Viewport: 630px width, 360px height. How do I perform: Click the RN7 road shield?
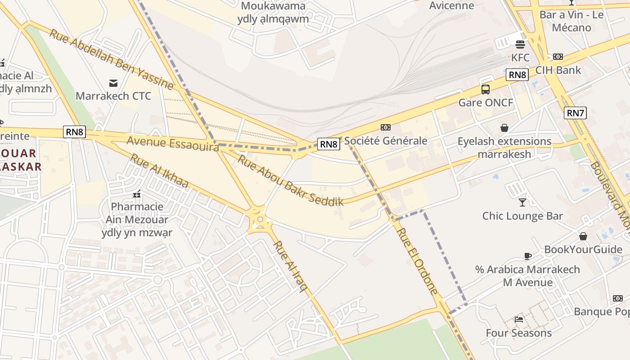coord(575,113)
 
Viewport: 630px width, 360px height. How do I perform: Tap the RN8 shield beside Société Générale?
coord(328,144)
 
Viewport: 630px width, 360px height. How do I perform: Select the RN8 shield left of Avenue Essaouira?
coord(74,132)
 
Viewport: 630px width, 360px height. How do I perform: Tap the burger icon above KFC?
coord(520,45)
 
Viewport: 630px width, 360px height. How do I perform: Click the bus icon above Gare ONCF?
coord(486,89)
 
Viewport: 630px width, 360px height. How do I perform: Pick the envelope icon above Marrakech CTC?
coord(113,83)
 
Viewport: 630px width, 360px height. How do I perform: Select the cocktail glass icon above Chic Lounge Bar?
coord(522,202)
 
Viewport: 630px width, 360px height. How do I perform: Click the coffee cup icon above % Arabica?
coord(528,256)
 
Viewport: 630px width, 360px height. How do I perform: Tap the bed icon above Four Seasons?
coord(519,319)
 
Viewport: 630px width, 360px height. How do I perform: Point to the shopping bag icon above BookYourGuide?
coord(583,236)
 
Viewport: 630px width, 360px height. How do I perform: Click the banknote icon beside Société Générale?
coord(386,127)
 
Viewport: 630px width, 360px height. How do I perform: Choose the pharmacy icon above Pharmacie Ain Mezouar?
coord(137,194)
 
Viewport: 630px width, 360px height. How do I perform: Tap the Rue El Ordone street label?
coord(417,261)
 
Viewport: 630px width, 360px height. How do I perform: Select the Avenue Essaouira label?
coord(172,144)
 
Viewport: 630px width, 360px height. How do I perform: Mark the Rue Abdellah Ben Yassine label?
coord(111,59)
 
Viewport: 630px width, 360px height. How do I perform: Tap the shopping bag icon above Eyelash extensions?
coord(504,128)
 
